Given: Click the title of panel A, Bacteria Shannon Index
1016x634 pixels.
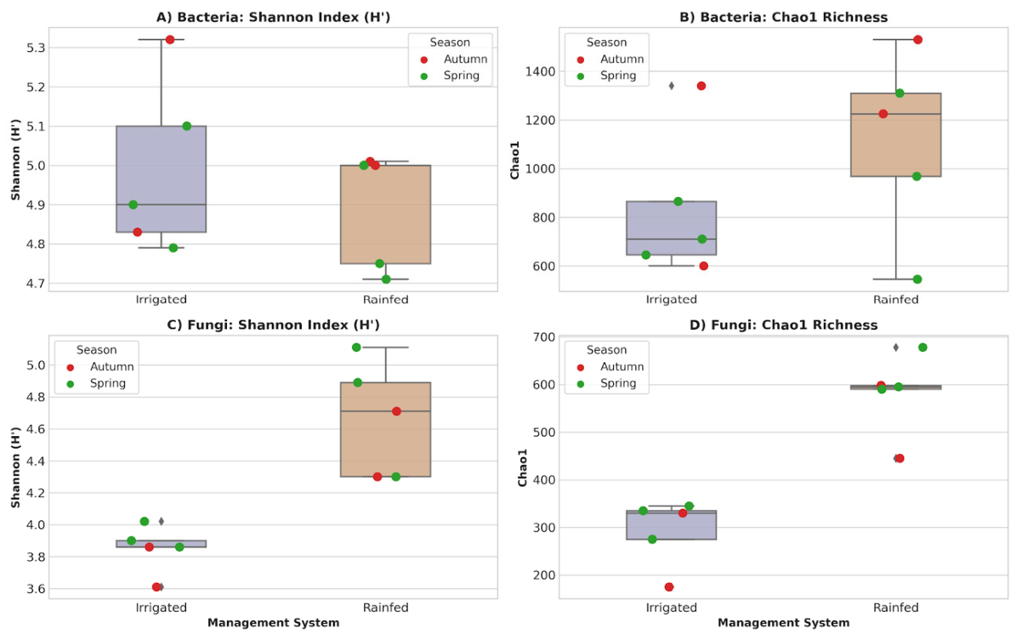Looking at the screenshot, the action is pyautogui.click(x=273, y=18).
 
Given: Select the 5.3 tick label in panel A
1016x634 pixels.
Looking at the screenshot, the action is pyautogui.click(x=37, y=48).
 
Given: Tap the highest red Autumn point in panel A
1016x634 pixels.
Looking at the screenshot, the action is pyautogui.click(x=170, y=39).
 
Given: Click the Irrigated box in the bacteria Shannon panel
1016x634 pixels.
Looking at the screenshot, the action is pyautogui.click(x=162, y=178).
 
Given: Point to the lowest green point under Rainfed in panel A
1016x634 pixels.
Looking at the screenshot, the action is pyautogui.click(x=386, y=279).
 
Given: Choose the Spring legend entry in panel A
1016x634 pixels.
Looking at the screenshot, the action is pyautogui.click(x=452, y=76).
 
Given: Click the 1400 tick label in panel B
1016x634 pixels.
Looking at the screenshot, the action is pyautogui.click(x=541, y=72).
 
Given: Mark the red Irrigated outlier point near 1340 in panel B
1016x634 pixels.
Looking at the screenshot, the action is pyautogui.click(x=701, y=86).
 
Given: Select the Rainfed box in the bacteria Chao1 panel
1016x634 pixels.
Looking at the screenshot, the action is pyautogui.click(x=895, y=134).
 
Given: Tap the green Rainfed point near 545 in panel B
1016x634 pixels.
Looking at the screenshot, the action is pyautogui.click(x=917, y=280).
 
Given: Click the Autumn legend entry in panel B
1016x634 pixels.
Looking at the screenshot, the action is pyautogui.click(x=610, y=59).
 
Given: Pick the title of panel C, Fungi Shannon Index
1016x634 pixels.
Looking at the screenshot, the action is pyautogui.click(x=273, y=325).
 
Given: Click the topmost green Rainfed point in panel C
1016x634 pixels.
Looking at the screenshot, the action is pyautogui.click(x=356, y=348).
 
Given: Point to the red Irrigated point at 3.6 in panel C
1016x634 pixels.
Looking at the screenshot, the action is pyautogui.click(x=156, y=587).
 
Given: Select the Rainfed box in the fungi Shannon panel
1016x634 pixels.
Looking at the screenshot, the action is pyautogui.click(x=385, y=429).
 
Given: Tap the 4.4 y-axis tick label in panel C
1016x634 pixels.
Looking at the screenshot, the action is pyautogui.click(x=37, y=461).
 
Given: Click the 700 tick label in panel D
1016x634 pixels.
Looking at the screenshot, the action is pyautogui.click(x=545, y=337).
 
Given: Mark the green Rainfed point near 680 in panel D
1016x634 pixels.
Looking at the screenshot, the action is pyautogui.click(x=922, y=348).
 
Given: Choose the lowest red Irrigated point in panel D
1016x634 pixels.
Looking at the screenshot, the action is pyautogui.click(x=669, y=587).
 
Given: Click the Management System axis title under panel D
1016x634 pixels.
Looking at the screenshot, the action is pyautogui.click(x=783, y=623).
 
